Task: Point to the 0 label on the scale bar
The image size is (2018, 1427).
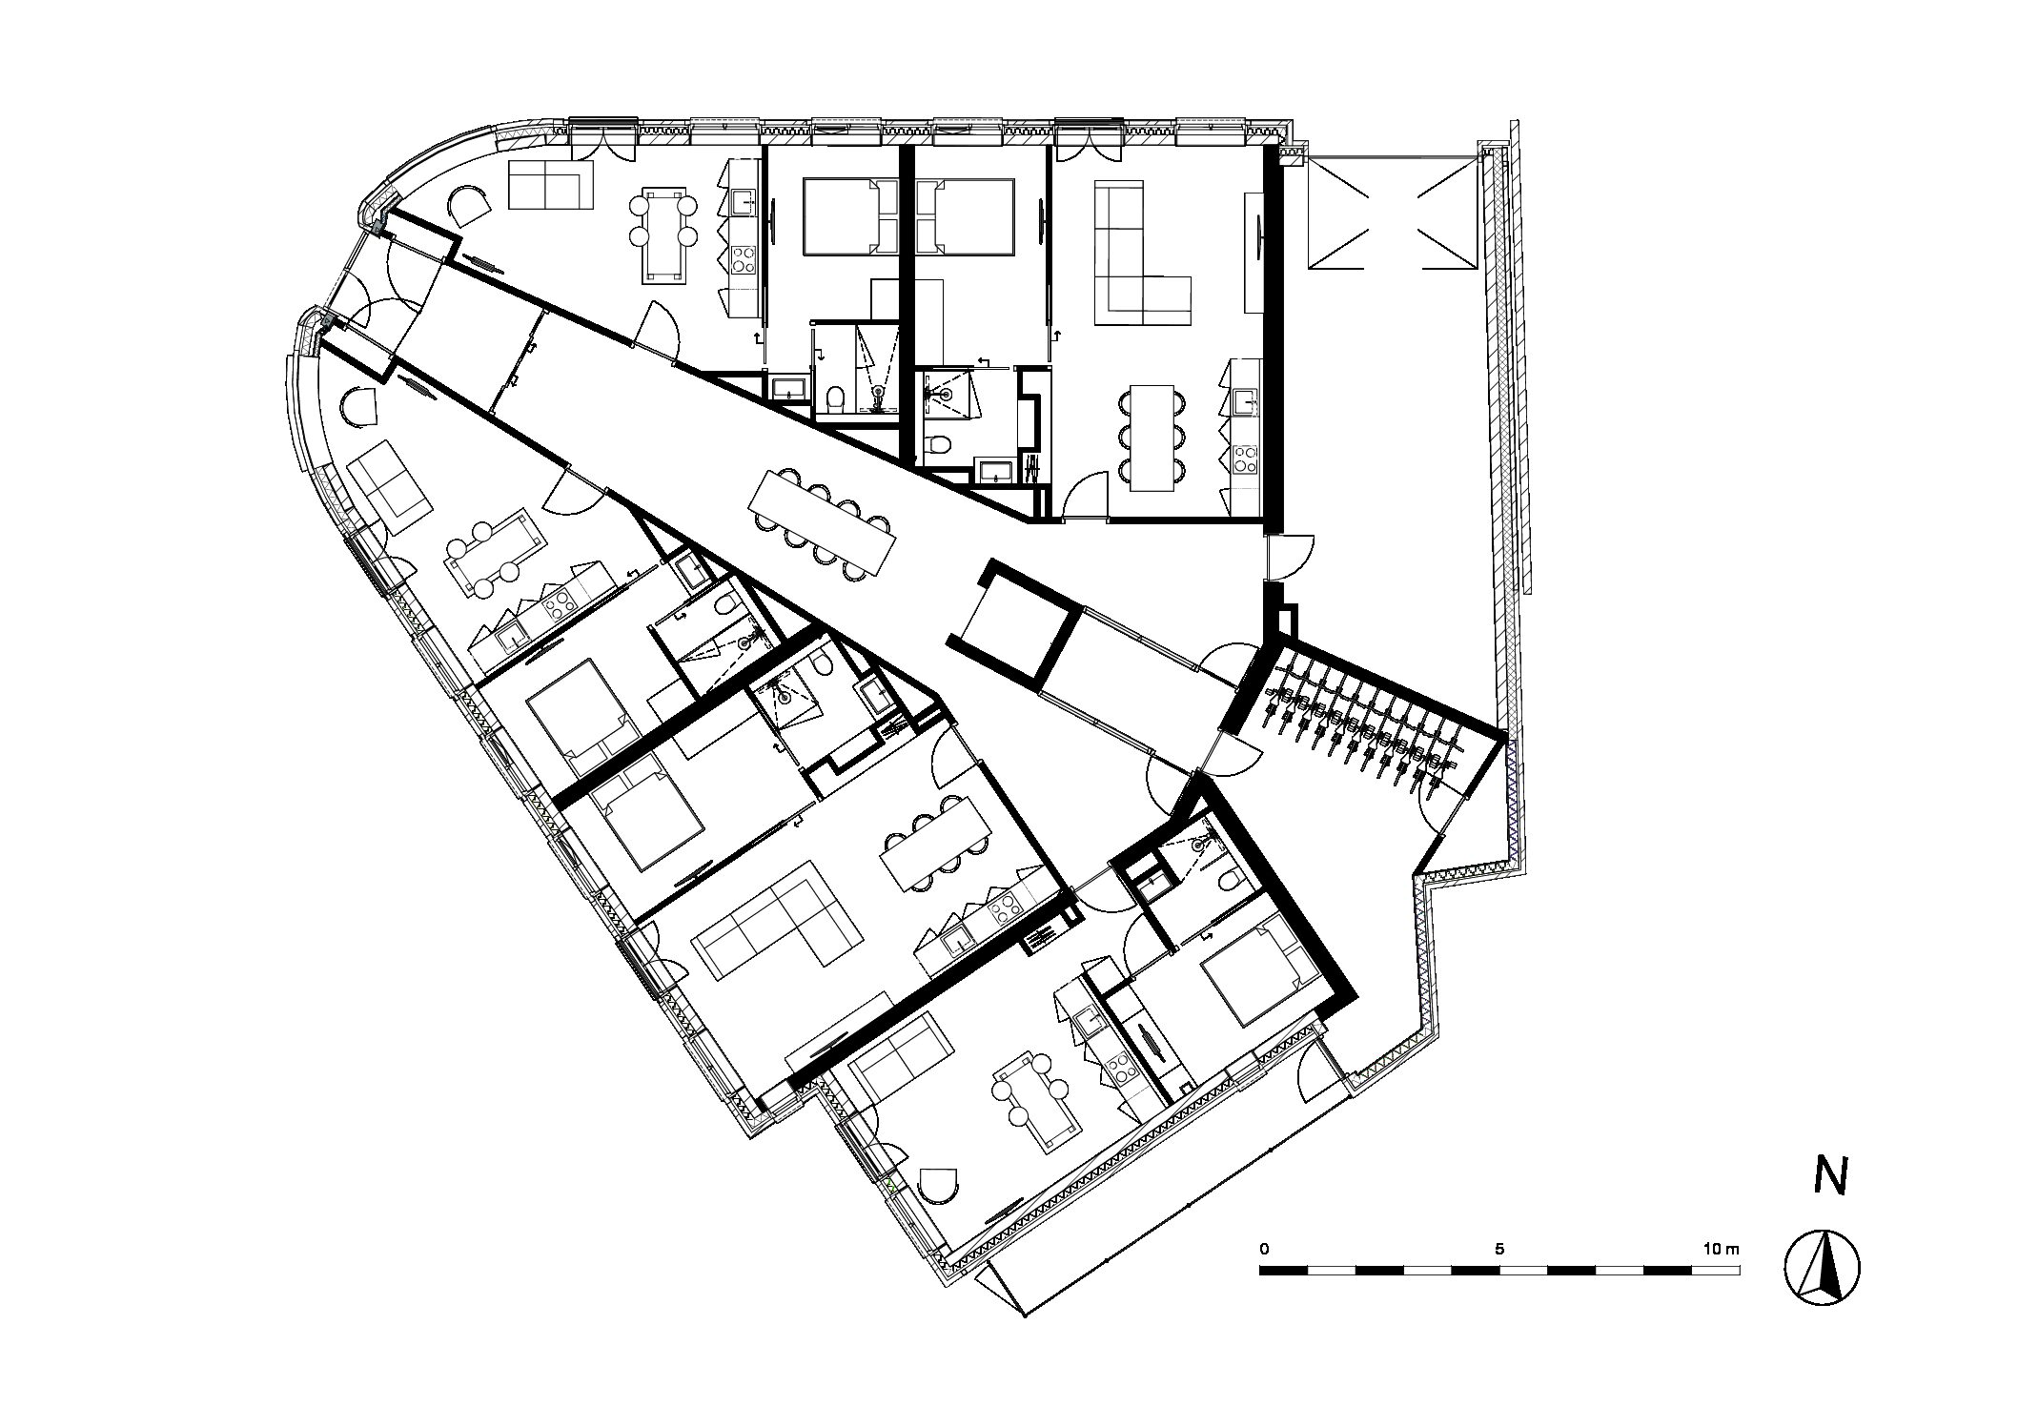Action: (x=1264, y=1248)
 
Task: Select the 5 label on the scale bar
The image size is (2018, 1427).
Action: (x=1499, y=1248)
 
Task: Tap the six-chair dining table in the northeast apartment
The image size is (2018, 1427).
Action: (x=1152, y=438)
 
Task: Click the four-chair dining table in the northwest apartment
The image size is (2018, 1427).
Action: (x=665, y=234)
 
